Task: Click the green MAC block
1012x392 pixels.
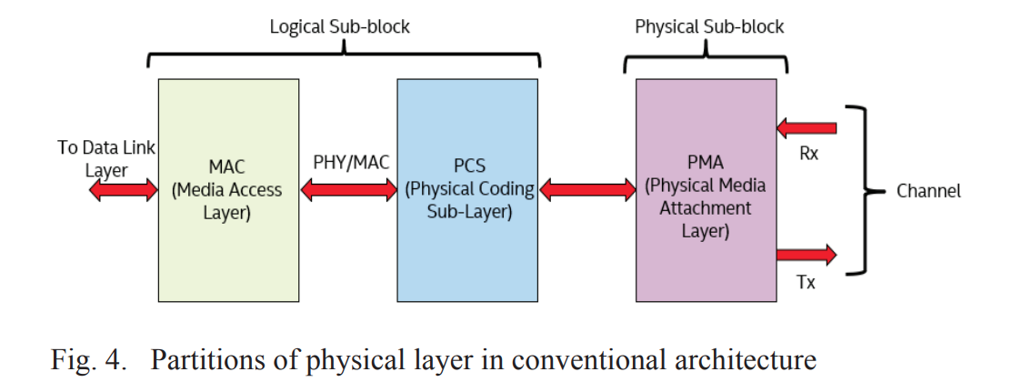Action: (228, 190)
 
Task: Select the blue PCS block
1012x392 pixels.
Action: (467, 190)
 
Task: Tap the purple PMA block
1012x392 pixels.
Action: (706, 190)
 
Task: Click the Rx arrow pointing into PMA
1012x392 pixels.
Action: (807, 129)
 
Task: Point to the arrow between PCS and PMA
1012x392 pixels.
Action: (586, 190)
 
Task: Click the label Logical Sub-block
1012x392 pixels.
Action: (339, 26)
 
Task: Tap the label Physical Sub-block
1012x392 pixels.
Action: (709, 26)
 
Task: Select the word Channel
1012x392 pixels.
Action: (928, 191)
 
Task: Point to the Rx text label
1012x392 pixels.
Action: (808, 154)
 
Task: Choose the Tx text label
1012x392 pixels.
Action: (806, 282)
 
